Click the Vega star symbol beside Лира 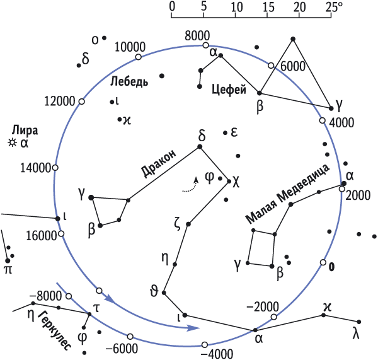(11, 143)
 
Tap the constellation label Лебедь (129, 81)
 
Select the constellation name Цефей (229, 90)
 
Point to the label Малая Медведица (287, 194)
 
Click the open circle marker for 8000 (205, 45)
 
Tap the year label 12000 (60, 102)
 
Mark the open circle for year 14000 (55, 168)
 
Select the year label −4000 (217, 354)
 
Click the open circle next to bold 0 (323, 262)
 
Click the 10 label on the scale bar (237, 7)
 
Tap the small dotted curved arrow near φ (190, 185)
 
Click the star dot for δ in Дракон (200, 146)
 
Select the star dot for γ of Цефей (331, 108)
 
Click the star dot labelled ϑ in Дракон (164, 293)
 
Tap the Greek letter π (8, 270)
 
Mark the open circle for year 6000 (271, 66)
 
